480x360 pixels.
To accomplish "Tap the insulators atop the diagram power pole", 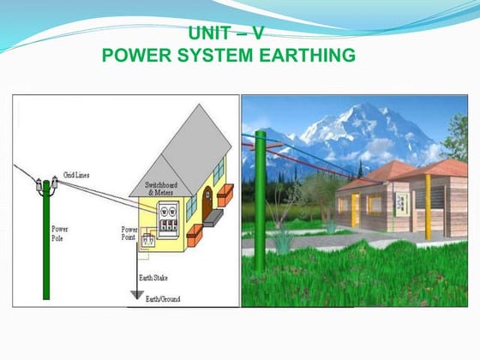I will [46, 183].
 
